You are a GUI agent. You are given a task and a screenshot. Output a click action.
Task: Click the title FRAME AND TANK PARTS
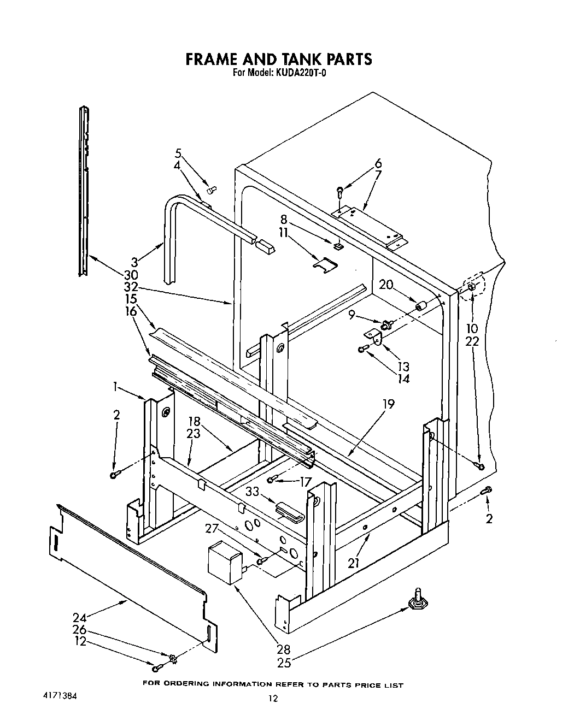click(x=279, y=58)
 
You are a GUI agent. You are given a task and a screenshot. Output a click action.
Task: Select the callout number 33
click(x=251, y=492)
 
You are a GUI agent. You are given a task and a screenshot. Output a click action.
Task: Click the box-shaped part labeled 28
click(x=225, y=563)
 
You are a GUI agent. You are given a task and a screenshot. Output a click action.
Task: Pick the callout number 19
click(x=389, y=404)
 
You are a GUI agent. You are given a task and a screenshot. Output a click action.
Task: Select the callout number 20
click(x=386, y=285)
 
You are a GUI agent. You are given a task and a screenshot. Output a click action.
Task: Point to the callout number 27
click(x=212, y=529)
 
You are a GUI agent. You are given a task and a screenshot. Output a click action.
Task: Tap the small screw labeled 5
click(x=212, y=189)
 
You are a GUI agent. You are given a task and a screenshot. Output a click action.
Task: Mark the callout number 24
click(x=80, y=618)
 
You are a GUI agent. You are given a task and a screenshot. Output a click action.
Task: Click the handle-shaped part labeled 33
click(x=290, y=512)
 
